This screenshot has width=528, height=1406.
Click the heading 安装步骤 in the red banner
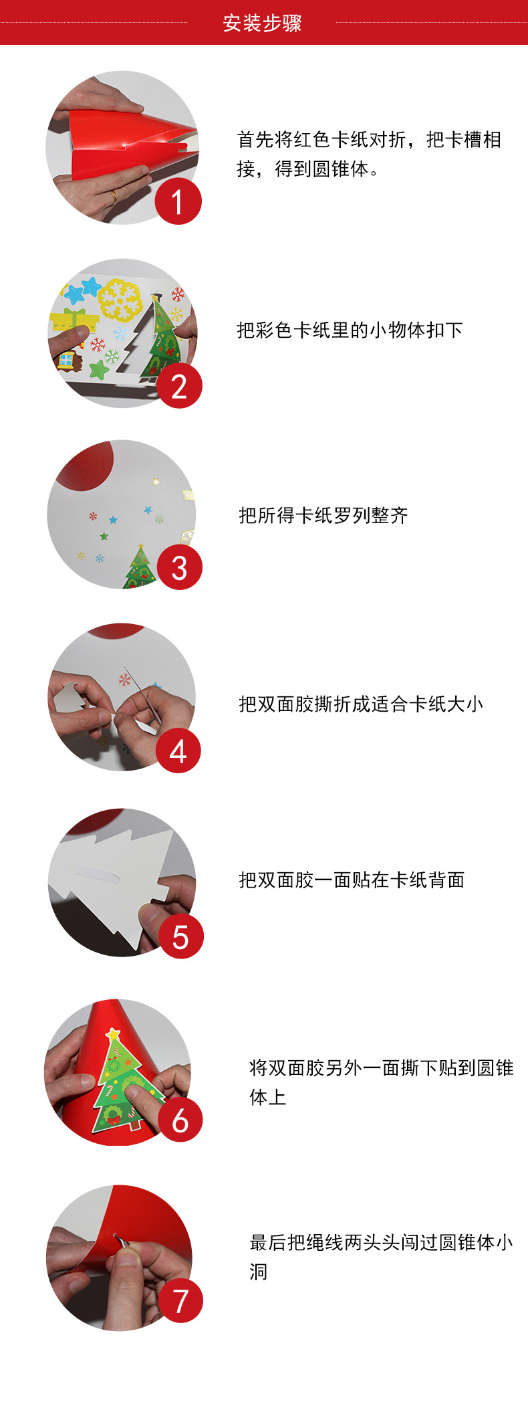point(263,23)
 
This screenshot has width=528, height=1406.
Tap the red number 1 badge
point(178,202)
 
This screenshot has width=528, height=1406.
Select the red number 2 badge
point(179,386)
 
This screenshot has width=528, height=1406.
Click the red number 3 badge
point(179,568)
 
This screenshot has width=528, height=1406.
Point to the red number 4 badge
point(178,751)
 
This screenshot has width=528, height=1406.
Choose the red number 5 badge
point(180,936)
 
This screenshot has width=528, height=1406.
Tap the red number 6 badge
point(180,1120)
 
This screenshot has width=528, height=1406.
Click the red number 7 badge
point(180,1300)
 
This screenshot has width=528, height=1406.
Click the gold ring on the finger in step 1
point(114,197)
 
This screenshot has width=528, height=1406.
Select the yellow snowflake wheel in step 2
point(120,299)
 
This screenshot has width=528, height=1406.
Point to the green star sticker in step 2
point(99,369)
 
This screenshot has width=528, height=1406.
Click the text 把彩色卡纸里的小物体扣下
point(350,330)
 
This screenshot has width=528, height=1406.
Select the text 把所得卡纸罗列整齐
point(323,516)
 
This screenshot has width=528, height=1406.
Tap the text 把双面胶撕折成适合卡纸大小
point(361,704)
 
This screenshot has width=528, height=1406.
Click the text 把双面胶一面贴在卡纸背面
point(352,880)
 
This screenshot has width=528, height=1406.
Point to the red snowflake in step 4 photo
point(124,680)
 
